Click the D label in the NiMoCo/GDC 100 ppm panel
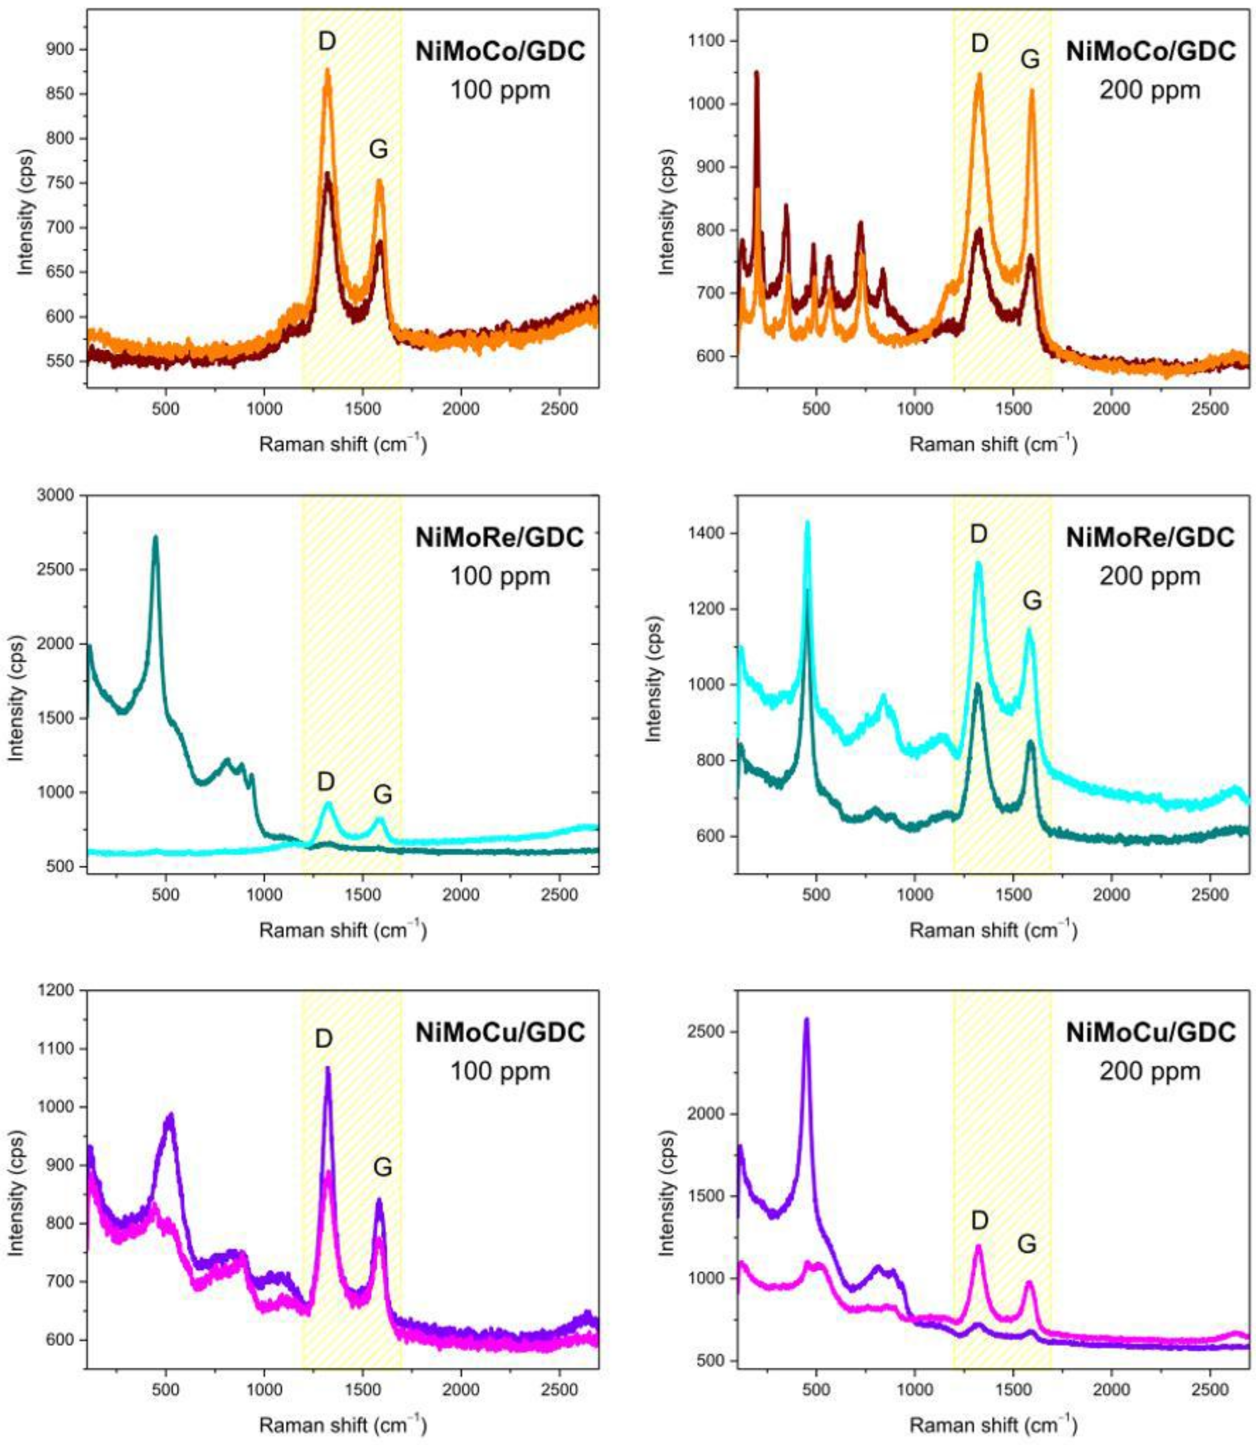click(x=327, y=41)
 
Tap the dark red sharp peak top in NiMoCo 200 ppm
click(x=756, y=72)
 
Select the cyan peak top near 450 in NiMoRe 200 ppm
click(x=807, y=522)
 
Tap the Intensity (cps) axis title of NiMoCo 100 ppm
click(x=25, y=208)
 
